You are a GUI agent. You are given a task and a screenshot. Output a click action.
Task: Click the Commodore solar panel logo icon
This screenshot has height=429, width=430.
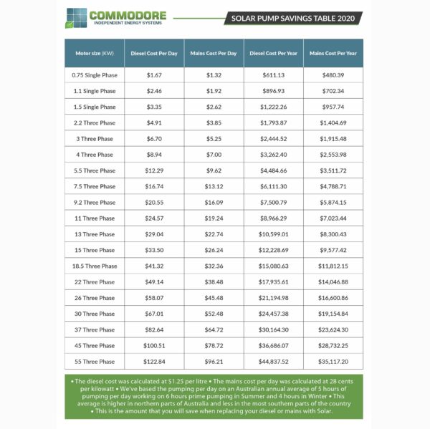pyautogui.click(x=77, y=17)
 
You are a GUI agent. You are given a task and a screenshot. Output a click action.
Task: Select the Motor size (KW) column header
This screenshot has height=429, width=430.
pyautogui.click(x=94, y=53)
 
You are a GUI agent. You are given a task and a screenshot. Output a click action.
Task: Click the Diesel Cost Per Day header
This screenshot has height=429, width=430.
pyautogui.click(x=153, y=53)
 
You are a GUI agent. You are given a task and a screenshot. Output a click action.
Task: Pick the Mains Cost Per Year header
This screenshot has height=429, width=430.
pyautogui.click(x=333, y=53)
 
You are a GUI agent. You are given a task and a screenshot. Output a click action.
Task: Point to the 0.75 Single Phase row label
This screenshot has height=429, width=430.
pyautogui.click(x=94, y=74)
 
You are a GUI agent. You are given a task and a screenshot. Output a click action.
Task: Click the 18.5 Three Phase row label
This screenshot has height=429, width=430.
pyautogui.click(x=94, y=266)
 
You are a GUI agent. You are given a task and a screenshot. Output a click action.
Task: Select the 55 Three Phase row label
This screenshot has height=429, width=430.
pyautogui.click(x=94, y=362)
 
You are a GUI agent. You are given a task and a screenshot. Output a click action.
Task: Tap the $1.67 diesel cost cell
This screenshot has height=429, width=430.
pyautogui.click(x=153, y=74)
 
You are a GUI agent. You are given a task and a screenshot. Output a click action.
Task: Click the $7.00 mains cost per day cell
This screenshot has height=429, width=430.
pyautogui.click(x=214, y=155)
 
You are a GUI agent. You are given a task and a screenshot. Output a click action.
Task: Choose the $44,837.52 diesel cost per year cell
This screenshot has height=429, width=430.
pyautogui.click(x=274, y=362)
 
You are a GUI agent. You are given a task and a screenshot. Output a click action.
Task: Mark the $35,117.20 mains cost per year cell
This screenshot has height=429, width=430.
pyautogui.click(x=333, y=362)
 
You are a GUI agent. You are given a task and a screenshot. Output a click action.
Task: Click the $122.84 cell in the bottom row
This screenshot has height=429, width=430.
pyautogui.click(x=153, y=362)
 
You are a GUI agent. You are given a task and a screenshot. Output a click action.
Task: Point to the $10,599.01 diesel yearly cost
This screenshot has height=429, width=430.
pyautogui.click(x=274, y=234)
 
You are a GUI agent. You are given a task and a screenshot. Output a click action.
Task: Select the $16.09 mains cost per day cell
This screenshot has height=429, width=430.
pyautogui.click(x=214, y=203)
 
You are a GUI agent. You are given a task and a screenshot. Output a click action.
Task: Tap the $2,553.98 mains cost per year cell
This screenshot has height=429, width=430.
pyautogui.click(x=333, y=155)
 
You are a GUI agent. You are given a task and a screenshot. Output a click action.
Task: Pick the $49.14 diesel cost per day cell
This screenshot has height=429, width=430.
pyautogui.click(x=153, y=282)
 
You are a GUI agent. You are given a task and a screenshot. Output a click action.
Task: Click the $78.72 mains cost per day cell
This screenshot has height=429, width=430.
pyautogui.click(x=214, y=346)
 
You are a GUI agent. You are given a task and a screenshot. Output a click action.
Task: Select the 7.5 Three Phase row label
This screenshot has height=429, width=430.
pyautogui.click(x=94, y=186)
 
